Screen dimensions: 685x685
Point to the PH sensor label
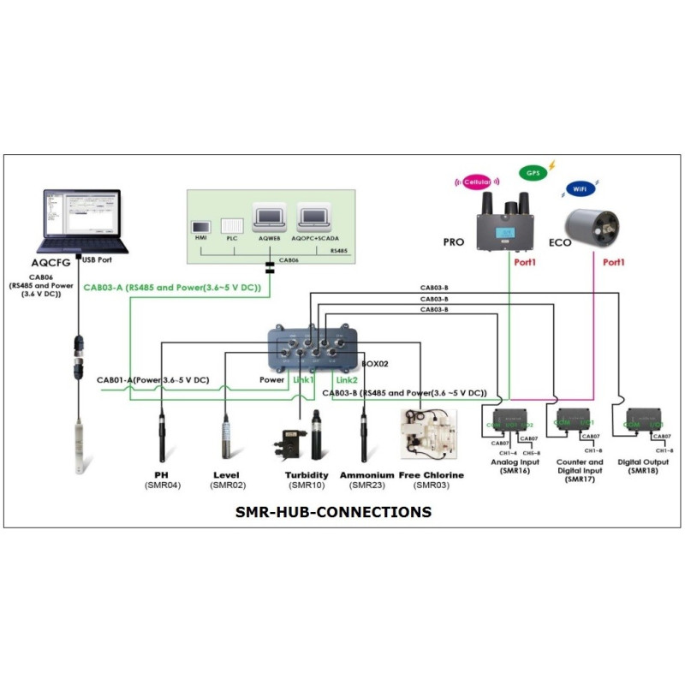click(161, 474)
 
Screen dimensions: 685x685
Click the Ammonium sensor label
click(366, 474)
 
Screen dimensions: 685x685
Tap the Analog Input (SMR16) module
click(510, 423)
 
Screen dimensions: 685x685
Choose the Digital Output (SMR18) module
click(648, 423)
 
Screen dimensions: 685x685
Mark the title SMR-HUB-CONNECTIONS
click(333, 512)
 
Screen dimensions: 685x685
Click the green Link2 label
click(346, 379)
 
